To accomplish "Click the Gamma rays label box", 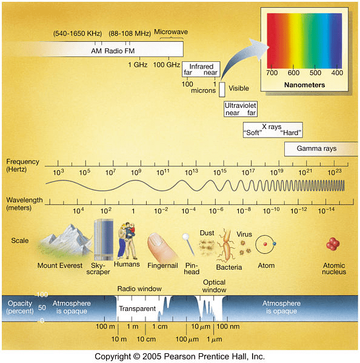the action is (321, 149).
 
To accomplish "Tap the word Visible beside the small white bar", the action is (239, 88).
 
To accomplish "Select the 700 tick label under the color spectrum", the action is (272, 73).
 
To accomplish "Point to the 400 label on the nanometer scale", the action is (337, 73).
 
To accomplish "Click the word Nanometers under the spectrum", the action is (304, 85).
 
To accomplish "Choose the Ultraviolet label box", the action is (241, 109).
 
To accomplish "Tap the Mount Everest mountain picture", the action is (64, 241).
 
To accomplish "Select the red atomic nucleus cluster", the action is (333, 244).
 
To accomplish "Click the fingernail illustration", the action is (161, 247).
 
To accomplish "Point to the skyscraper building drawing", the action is (104, 239).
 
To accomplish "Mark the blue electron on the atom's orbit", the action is (275, 244).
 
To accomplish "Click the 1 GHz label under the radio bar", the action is (138, 65).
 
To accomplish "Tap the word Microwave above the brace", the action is (171, 32).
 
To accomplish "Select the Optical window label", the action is (214, 286).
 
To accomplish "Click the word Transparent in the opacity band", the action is (138, 308).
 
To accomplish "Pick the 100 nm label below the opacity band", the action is (228, 327).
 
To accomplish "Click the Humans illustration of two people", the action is (127, 241).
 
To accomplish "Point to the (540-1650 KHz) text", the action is (78, 33).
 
